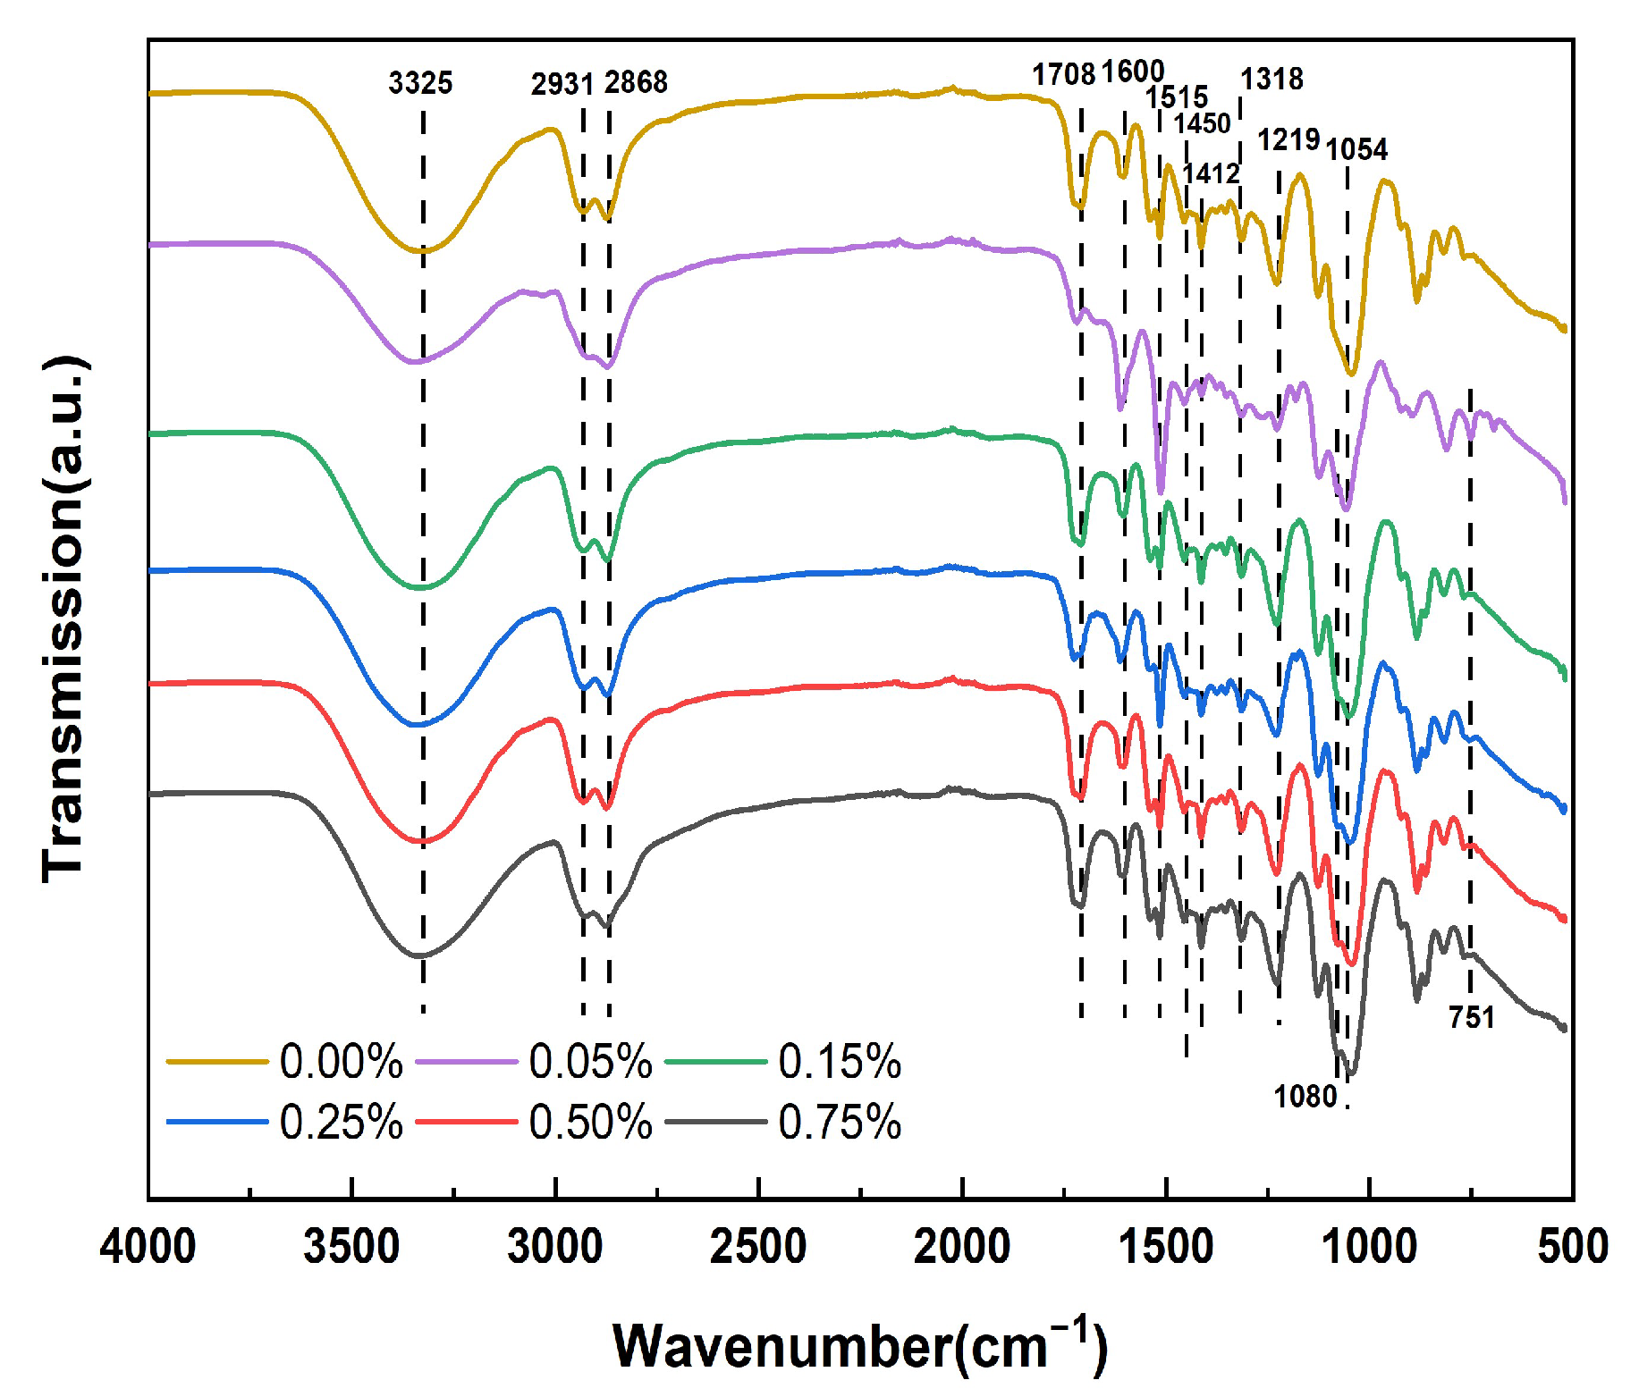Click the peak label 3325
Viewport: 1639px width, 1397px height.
(x=420, y=83)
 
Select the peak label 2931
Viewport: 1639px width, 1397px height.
(x=562, y=84)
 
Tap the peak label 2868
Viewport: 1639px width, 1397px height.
(x=636, y=82)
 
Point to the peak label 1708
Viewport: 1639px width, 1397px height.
(x=1063, y=74)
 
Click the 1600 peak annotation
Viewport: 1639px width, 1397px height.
(x=1132, y=71)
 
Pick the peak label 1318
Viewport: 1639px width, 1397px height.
(x=1271, y=79)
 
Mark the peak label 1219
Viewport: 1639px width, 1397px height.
(x=1288, y=139)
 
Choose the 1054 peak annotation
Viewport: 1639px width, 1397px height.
(x=1356, y=149)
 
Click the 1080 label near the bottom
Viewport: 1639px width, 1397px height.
(x=1305, y=1097)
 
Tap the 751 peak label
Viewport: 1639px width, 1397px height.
(x=1472, y=1017)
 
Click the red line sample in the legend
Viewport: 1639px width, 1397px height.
(x=467, y=1122)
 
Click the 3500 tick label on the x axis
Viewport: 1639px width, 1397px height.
(x=351, y=1246)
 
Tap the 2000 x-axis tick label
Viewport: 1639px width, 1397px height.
(x=961, y=1246)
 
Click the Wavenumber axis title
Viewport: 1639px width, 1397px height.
(x=859, y=1346)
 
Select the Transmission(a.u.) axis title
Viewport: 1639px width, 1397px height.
(x=64, y=619)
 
